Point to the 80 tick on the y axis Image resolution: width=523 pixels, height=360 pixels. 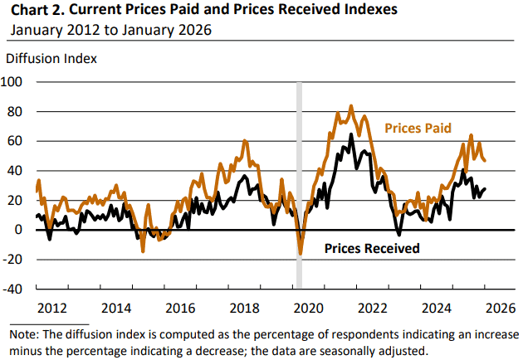click(19, 111)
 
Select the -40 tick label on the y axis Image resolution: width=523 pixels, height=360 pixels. click(16, 289)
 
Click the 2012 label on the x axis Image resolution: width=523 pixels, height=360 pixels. click(52, 308)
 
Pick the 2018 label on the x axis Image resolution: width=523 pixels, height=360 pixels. click(243, 308)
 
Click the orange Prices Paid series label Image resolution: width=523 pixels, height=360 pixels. click(417, 129)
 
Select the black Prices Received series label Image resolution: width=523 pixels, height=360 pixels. click(371, 248)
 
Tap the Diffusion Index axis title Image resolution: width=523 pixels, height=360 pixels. click(51, 59)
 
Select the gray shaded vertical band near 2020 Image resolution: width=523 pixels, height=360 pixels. click(300, 182)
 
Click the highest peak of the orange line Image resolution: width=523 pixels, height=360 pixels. click(351, 106)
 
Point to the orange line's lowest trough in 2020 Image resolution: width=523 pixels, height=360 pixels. click(301, 253)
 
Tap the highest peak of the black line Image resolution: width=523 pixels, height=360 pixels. click(351, 134)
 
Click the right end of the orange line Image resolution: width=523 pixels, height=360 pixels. click(486, 161)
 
